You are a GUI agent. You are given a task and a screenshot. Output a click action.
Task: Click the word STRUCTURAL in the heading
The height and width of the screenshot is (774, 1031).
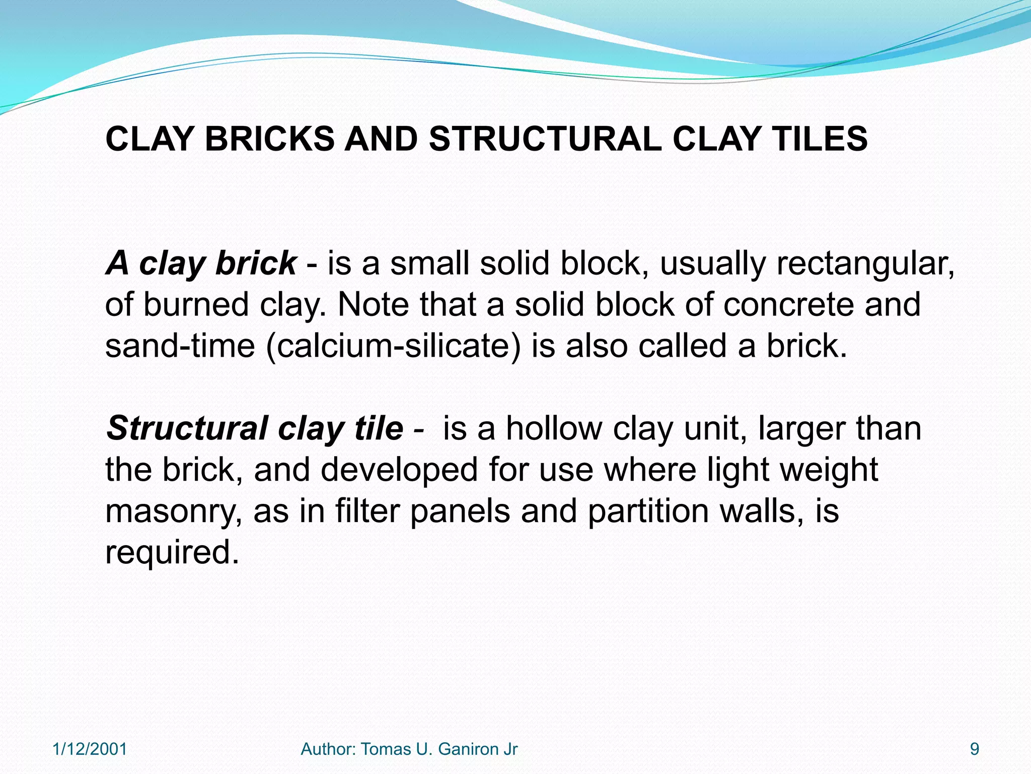[545, 139]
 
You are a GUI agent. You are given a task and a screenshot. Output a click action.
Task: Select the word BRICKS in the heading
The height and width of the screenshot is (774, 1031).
[269, 139]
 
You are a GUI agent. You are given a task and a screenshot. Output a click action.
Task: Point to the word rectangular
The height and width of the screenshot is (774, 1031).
[865, 264]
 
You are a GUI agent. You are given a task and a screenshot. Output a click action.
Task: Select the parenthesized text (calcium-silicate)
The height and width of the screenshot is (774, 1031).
[393, 346]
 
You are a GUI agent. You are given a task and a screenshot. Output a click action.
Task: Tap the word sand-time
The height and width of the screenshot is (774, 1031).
[180, 346]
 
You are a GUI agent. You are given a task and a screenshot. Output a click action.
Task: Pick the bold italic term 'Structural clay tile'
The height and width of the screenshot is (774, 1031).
[255, 429]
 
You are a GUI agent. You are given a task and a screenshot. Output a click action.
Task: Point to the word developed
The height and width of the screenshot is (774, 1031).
[399, 470]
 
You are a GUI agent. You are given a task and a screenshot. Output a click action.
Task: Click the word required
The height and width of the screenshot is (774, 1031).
[172, 553]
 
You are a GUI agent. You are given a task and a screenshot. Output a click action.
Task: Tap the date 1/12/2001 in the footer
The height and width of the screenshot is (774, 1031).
[90, 749]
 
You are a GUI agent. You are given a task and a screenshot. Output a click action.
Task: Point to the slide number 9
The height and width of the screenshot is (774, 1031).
[975, 749]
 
